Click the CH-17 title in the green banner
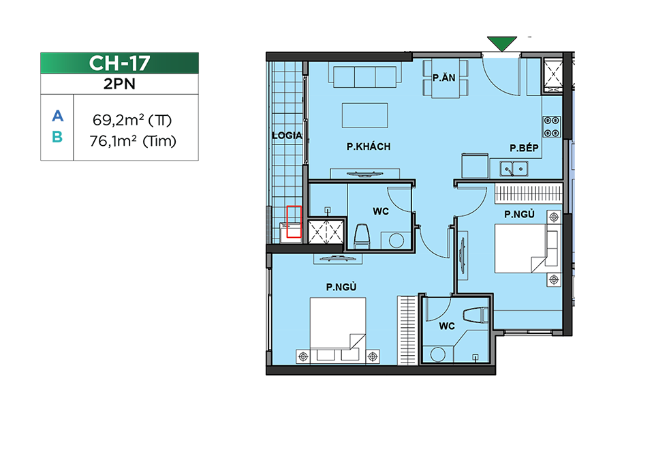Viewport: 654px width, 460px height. pyautogui.click(x=119, y=63)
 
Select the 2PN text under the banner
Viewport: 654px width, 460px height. pyautogui.click(x=119, y=84)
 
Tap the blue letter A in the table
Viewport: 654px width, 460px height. pyautogui.click(x=57, y=116)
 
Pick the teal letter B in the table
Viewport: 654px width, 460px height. pyautogui.click(x=57, y=137)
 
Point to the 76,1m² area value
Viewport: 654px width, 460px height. pyautogui.click(x=113, y=141)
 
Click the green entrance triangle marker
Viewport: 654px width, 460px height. pyautogui.click(x=502, y=43)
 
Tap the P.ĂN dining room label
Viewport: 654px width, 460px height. pyautogui.click(x=443, y=78)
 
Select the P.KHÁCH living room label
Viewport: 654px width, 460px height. pyautogui.click(x=369, y=147)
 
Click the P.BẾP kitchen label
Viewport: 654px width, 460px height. pyautogui.click(x=524, y=148)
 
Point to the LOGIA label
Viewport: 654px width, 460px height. pyautogui.click(x=287, y=135)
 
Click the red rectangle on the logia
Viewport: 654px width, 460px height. pyautogui.click(x=294, y=221)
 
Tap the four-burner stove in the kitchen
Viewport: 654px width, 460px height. pyautogui.click(x=552, y=127)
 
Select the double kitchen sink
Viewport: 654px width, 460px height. pyautogui.click(x=514, y=168)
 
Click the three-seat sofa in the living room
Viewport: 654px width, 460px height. pyautogui.click(x=365, y=75)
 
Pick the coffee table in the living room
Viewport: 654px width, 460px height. pyautogui.click(x=365, y=115)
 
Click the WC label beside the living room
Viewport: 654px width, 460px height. pyautogui.click(x=381, y=211)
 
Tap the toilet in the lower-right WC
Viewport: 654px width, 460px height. pyautogui.click(x=475, y=315)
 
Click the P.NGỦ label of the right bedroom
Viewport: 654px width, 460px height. pyautogui.click(x=519, y=214)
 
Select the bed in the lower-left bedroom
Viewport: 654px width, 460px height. pyautogui.click(x=338, y=329)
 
